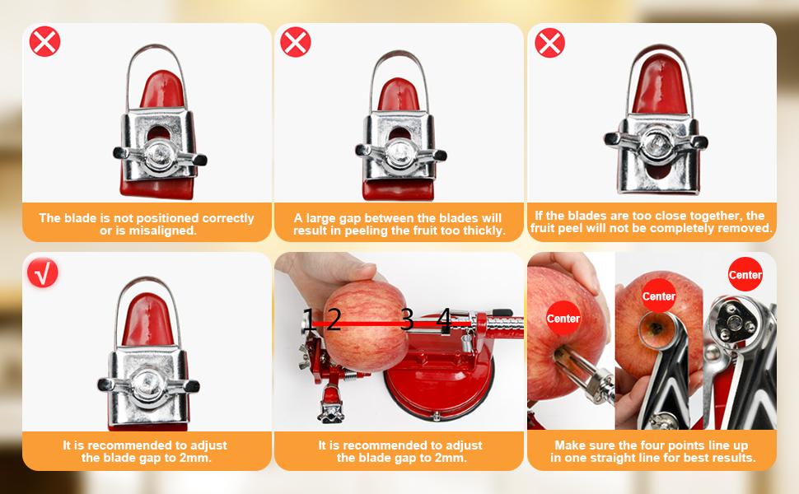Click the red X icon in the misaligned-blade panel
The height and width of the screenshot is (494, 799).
click(44, 41)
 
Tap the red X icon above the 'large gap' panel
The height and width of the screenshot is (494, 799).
click(296, 41)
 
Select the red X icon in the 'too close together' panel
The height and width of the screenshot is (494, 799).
click(549, 42)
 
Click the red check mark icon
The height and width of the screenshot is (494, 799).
click(43, 273)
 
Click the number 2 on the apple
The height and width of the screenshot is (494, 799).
click(333, 319)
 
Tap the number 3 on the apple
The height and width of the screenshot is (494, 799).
click(407, 319)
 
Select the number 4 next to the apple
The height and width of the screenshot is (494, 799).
click(443, 319)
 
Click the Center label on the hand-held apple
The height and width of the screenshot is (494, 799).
click(563, 319)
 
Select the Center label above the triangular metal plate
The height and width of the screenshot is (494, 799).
click(745, 275)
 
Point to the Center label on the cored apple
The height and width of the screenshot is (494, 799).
click(659, 296)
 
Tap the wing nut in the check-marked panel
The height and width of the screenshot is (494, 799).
click(148, 384)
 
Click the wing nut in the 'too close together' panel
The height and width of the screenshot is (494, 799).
click(656, 139)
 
